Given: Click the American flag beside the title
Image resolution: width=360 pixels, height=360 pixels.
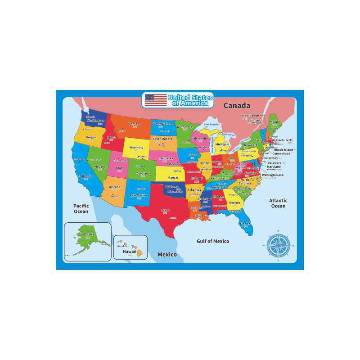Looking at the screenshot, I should pos(156,100).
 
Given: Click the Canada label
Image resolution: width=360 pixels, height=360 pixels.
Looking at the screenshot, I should pos(236,105).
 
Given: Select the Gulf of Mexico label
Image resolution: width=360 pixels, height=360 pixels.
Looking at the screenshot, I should pos(213,241).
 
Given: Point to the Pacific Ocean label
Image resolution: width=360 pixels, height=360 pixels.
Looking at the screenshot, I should pos(81,208).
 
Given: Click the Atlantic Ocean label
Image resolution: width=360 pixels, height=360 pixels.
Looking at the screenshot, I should pos(278,203).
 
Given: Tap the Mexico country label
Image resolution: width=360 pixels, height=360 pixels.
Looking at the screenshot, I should pos(167,255).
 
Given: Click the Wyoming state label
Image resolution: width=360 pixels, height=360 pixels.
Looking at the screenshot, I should pos(136,147).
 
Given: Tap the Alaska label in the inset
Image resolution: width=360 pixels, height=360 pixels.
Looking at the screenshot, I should pos(89,234).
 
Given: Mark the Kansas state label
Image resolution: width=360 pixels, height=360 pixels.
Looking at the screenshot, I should pos(173,178).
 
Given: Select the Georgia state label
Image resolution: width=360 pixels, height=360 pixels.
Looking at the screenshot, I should pos(234,202).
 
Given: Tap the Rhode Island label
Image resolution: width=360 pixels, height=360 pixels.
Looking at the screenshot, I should pos(283,149).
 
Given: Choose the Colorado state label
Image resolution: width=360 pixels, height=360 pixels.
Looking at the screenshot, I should pos(143,173).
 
